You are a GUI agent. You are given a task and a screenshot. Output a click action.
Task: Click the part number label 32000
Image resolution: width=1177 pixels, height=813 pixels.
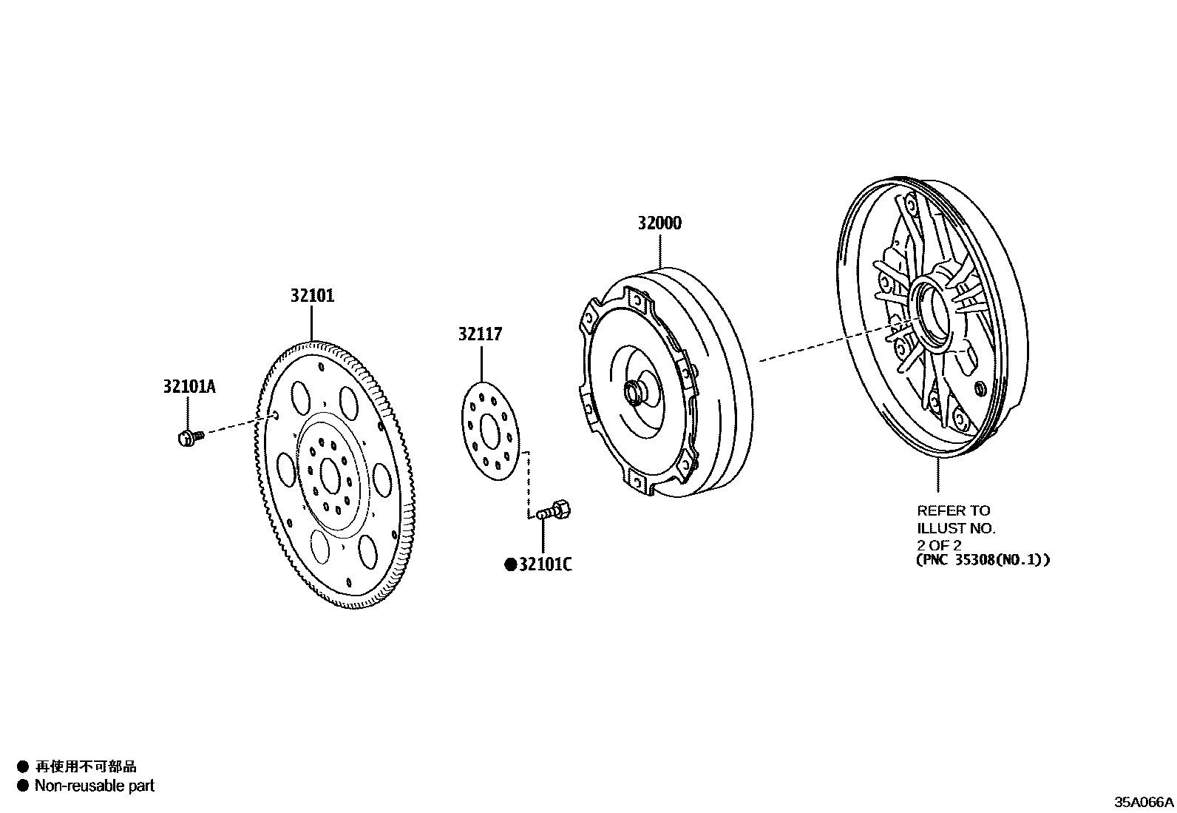click(x=660, y=223)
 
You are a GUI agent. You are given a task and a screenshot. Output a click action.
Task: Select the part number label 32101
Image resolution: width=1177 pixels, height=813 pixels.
click(x=312, y=296)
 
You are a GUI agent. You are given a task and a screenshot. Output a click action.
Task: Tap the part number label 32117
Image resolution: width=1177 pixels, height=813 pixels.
click(x=480, y=334)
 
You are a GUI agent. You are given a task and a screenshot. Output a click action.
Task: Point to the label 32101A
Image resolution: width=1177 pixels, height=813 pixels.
click(x=189, y=386)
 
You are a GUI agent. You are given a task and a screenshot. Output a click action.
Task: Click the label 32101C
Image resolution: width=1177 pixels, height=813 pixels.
click(x=545, y=565)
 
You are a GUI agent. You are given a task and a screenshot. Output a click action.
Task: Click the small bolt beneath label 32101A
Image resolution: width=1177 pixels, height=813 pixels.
click(x=189, y=438)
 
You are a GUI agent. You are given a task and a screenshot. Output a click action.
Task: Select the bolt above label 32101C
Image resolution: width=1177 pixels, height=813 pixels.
click(x=554, y=510)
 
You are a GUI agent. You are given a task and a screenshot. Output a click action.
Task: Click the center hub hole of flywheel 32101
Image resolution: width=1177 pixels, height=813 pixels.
click(x=330, y=472)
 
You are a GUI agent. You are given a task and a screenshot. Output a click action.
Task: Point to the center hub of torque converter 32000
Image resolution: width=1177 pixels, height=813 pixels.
click(x=634, y=393)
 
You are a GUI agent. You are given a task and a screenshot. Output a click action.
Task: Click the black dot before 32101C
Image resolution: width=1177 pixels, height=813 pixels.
click(x=509, y=565)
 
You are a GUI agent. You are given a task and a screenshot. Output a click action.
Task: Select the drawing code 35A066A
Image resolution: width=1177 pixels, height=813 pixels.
click(x=1144, y=802)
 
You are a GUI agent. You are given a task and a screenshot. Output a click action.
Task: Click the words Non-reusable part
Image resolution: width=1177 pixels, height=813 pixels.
click(x=95, y=786)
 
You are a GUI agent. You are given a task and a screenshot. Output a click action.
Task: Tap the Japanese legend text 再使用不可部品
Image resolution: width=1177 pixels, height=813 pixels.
click(x=86, y=767)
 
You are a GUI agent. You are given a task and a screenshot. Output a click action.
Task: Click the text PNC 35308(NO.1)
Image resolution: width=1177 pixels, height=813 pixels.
click(x=983, y=560)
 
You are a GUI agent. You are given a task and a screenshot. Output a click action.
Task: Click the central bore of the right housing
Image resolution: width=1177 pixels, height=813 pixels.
click(x=935, y=314)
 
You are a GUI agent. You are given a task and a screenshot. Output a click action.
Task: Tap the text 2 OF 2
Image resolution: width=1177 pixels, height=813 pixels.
click(x=939, y=545)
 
